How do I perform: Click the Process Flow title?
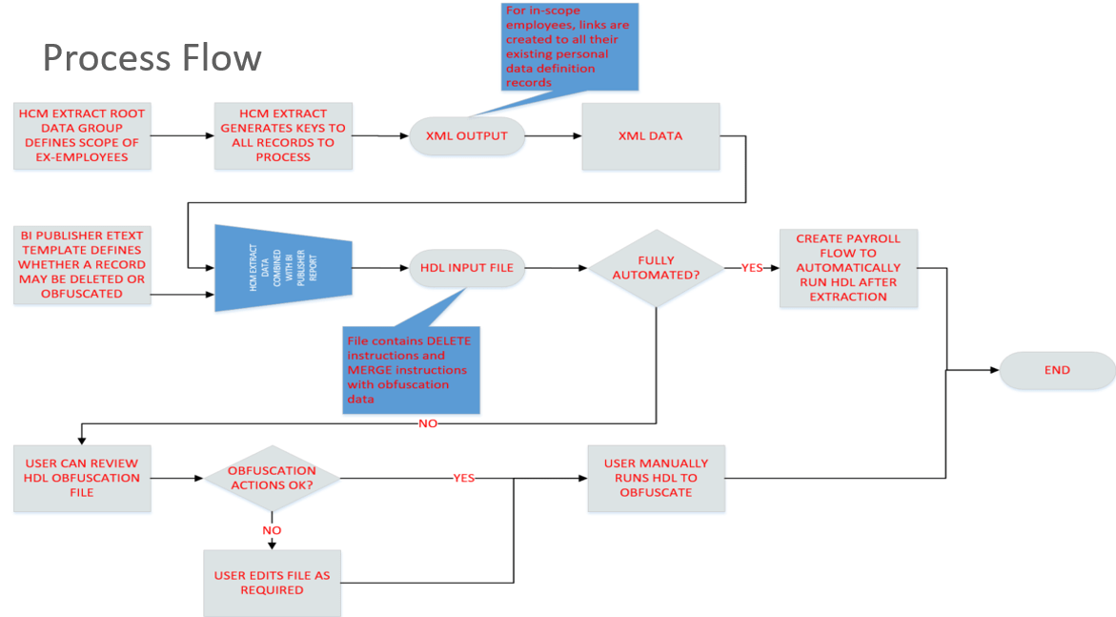coord(152,58)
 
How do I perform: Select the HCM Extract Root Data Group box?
coord(82,135)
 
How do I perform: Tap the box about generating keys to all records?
coord(283,135)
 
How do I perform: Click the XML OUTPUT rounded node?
coord(467,135)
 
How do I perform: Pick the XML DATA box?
coord(650,135)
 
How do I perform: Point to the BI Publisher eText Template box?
coord(82,264)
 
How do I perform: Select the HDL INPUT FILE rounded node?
coord(467,268)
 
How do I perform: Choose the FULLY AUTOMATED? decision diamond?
coord(656,268)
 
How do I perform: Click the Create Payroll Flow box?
coord(848,268)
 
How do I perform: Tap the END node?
coord(1057,370)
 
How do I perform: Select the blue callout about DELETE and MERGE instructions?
coord(410,370)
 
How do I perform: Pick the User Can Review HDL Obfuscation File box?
coord(82,478)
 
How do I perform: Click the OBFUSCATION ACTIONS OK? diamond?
coord(273,478)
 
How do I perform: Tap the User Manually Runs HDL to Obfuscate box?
coord(656,478)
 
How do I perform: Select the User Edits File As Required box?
coord(273,583)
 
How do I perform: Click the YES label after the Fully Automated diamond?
coord(752,268)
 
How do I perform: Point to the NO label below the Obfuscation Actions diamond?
coord(273,529)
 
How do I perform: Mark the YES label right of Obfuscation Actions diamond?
coord(464,478)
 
